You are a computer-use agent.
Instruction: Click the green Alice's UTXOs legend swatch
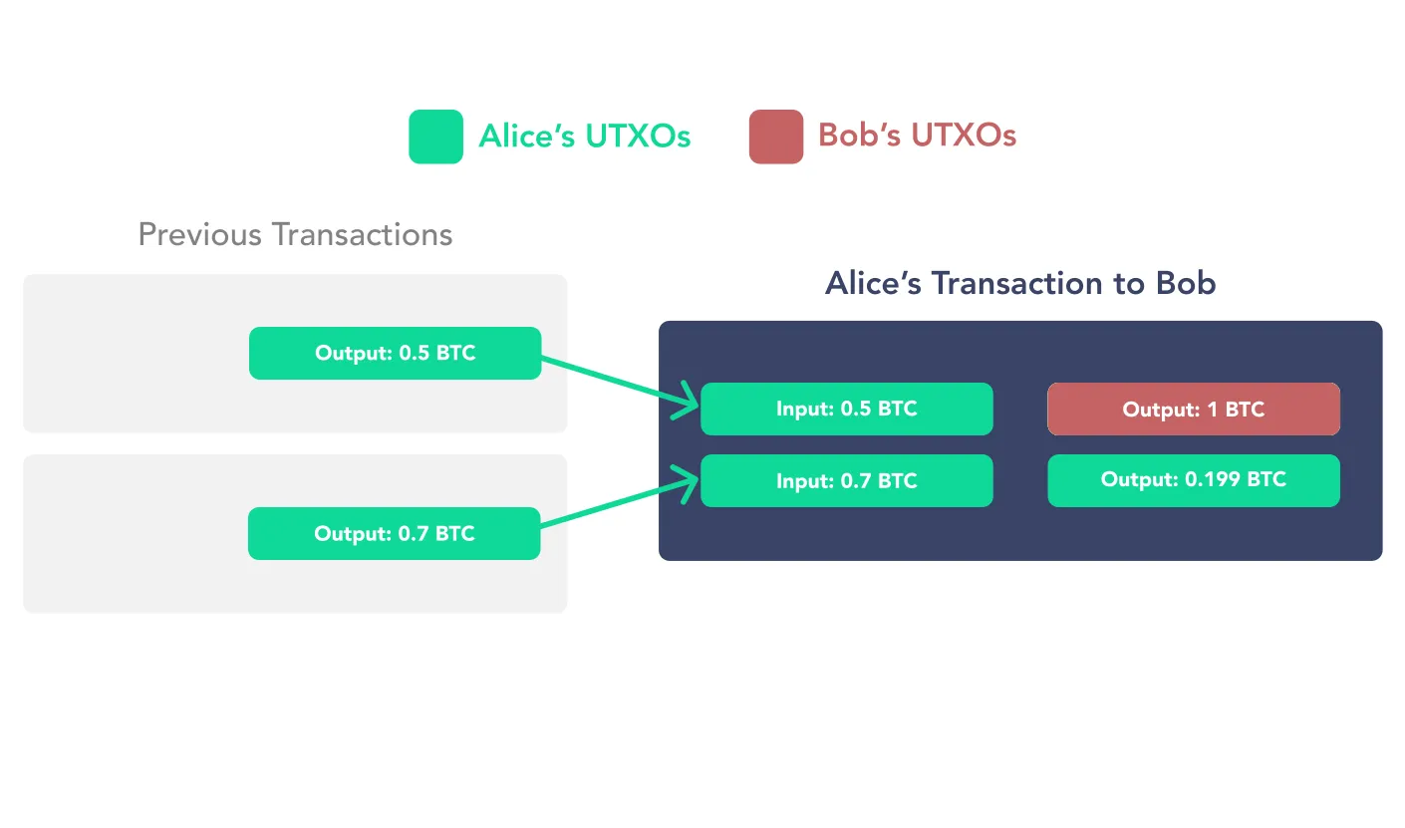pos(435,137)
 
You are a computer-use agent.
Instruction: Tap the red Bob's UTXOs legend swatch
pos(775,137)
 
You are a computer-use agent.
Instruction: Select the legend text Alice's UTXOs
pos(584,137)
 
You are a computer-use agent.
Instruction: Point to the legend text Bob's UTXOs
pos(917,136)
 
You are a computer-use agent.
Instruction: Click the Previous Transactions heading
pos(295,235)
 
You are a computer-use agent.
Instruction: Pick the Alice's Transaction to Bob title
pos(1020,283)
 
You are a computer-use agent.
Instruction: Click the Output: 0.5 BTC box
pos(395,353)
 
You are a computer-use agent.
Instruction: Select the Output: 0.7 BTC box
pos(394,533)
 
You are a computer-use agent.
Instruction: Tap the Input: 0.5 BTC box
pos(846,409)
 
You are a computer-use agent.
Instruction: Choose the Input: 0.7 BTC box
pos(846,480)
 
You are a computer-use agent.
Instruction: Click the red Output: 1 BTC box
pos(1193,409)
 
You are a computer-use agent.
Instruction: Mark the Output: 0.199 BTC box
pos(1193,480)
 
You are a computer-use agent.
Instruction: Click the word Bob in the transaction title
pos(1186,283)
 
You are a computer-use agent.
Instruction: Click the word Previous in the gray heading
pos(200,235)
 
